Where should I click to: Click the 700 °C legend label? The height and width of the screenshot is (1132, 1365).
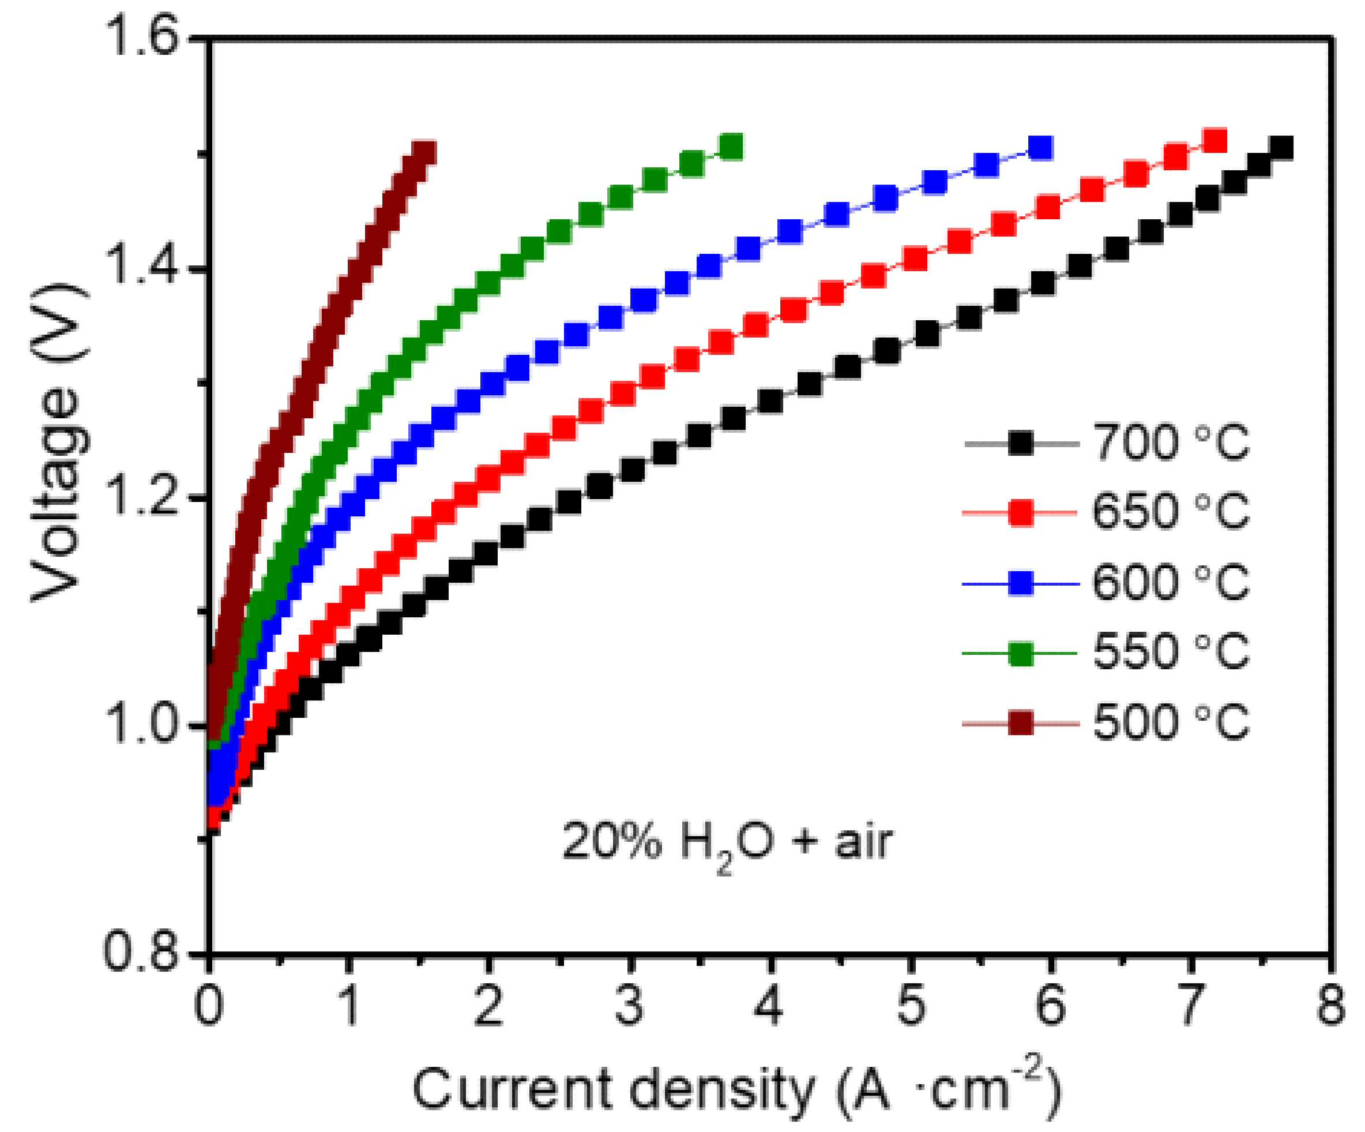(x=1170, y=443)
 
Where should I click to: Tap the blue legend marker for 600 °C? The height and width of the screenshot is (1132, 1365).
(x=1021, y=583)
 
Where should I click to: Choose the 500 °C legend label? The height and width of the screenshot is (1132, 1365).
(x=1170, y=722)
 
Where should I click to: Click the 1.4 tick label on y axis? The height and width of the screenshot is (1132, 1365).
(x=142, y=267)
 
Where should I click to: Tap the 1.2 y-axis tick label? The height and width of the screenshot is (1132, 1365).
(x=142, y=497)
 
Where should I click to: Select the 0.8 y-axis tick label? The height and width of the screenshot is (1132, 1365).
(x=142, y=954)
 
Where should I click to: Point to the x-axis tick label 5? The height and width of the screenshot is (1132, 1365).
(x=911, y=1005)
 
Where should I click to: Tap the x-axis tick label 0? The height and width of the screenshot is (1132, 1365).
(x=209, y=1005)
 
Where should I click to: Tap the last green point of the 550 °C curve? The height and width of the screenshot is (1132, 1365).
(x=731, y=147)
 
